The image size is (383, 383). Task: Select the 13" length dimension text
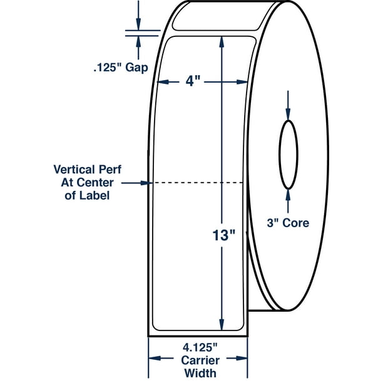pos(222,237)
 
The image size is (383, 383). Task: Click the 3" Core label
pos(287,223)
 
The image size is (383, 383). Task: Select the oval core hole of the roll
pos(288,155)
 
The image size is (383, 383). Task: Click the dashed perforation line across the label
pos(197,183)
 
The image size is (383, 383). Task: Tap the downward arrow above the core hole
pos(288,106)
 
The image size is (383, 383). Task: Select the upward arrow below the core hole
pos(288,200)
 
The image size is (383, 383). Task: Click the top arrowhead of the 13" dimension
pos(222,41)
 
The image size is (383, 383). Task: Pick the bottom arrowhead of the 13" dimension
pos(222,324)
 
